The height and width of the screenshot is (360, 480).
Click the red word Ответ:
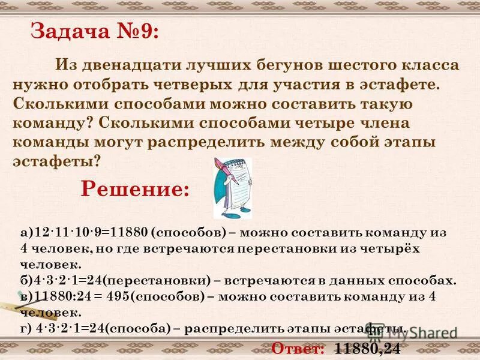tap(298, 348)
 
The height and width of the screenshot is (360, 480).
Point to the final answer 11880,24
tap(367, 348)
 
